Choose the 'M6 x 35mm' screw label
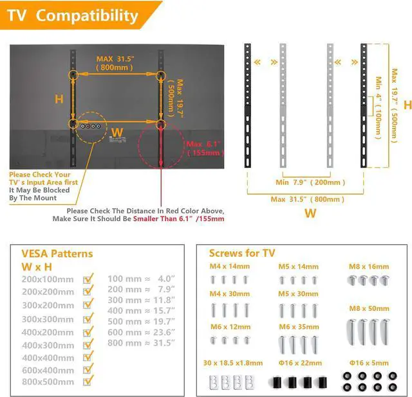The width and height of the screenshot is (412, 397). click(x=299, y=326)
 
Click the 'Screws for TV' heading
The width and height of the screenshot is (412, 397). click(x=241, y=252)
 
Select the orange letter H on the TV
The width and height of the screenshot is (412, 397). click(x=59, y=100)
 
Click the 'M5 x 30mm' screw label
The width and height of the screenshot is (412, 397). click(x=299, y=294)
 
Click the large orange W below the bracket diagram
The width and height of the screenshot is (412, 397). click(x=310, y=213)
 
